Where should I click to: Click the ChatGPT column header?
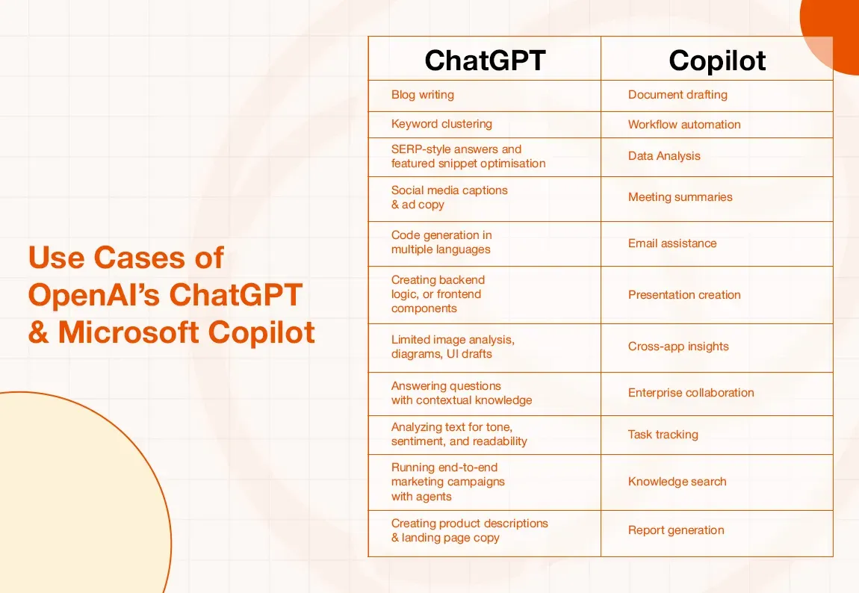(485, 60)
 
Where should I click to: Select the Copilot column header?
(717, 60)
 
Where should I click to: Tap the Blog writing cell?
(423, 95)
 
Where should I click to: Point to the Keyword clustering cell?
(441, 124)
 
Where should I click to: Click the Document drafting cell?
(677, 95)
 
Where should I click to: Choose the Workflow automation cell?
(684, 125)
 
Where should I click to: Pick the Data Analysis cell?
(664, 156)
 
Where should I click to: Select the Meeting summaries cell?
(680, 197)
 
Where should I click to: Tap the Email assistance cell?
(672, 243)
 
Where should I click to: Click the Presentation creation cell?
(684, 294)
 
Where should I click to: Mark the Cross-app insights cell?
(678, 347)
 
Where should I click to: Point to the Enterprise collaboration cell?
(691, 393)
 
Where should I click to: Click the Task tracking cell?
(663, 435)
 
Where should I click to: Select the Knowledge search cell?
(677, 482)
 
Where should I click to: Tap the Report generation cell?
(676, 530)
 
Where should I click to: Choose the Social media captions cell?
(449, 197)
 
